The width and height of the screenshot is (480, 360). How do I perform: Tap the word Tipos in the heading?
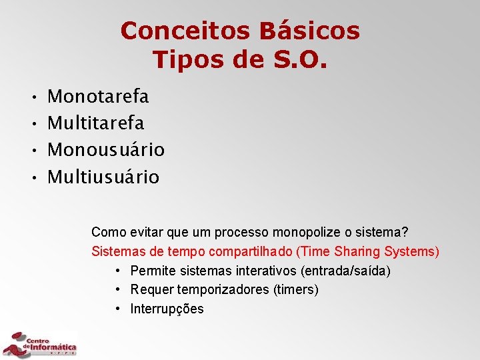(186, 59)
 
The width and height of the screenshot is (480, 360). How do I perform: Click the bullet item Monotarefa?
(99, 97)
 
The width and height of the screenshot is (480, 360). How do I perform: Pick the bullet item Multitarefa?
(96, 123)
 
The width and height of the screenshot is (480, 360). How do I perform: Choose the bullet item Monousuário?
(107, 150)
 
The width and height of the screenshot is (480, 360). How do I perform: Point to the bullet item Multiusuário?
(104, 177)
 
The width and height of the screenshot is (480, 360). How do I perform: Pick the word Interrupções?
(167, 309)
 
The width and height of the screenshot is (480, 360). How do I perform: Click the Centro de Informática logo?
(40, 343)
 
